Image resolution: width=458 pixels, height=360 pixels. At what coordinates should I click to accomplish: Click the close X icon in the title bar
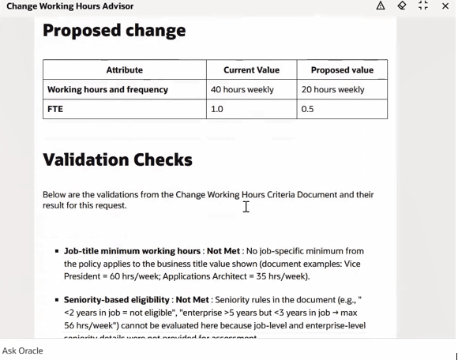445,6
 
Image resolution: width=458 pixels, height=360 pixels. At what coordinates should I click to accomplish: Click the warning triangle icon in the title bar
381,6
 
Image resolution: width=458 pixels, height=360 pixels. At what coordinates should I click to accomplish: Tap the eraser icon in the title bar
402,6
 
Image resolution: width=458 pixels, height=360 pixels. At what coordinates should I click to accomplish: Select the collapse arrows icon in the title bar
423,6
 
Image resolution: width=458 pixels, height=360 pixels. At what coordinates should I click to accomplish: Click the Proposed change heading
114,31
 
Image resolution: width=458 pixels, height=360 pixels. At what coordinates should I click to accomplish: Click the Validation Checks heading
117,159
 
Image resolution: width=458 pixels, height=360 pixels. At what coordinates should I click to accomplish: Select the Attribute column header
124,69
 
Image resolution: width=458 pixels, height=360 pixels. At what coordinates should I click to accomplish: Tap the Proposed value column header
342,69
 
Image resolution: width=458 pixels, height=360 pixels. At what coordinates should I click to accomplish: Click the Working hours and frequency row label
107,89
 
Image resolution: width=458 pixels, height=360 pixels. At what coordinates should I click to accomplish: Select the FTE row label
55,109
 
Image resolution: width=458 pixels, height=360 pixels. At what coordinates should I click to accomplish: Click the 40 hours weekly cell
242,89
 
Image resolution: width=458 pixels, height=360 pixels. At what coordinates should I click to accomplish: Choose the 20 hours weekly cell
332,89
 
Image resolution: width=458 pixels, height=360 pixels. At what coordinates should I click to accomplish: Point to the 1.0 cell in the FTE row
216,109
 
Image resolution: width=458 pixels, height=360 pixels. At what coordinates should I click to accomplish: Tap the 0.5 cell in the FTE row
307,109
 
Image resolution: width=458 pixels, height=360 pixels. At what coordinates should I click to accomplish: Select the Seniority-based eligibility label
117,300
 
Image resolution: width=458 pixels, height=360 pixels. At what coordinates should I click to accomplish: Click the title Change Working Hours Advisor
69,6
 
